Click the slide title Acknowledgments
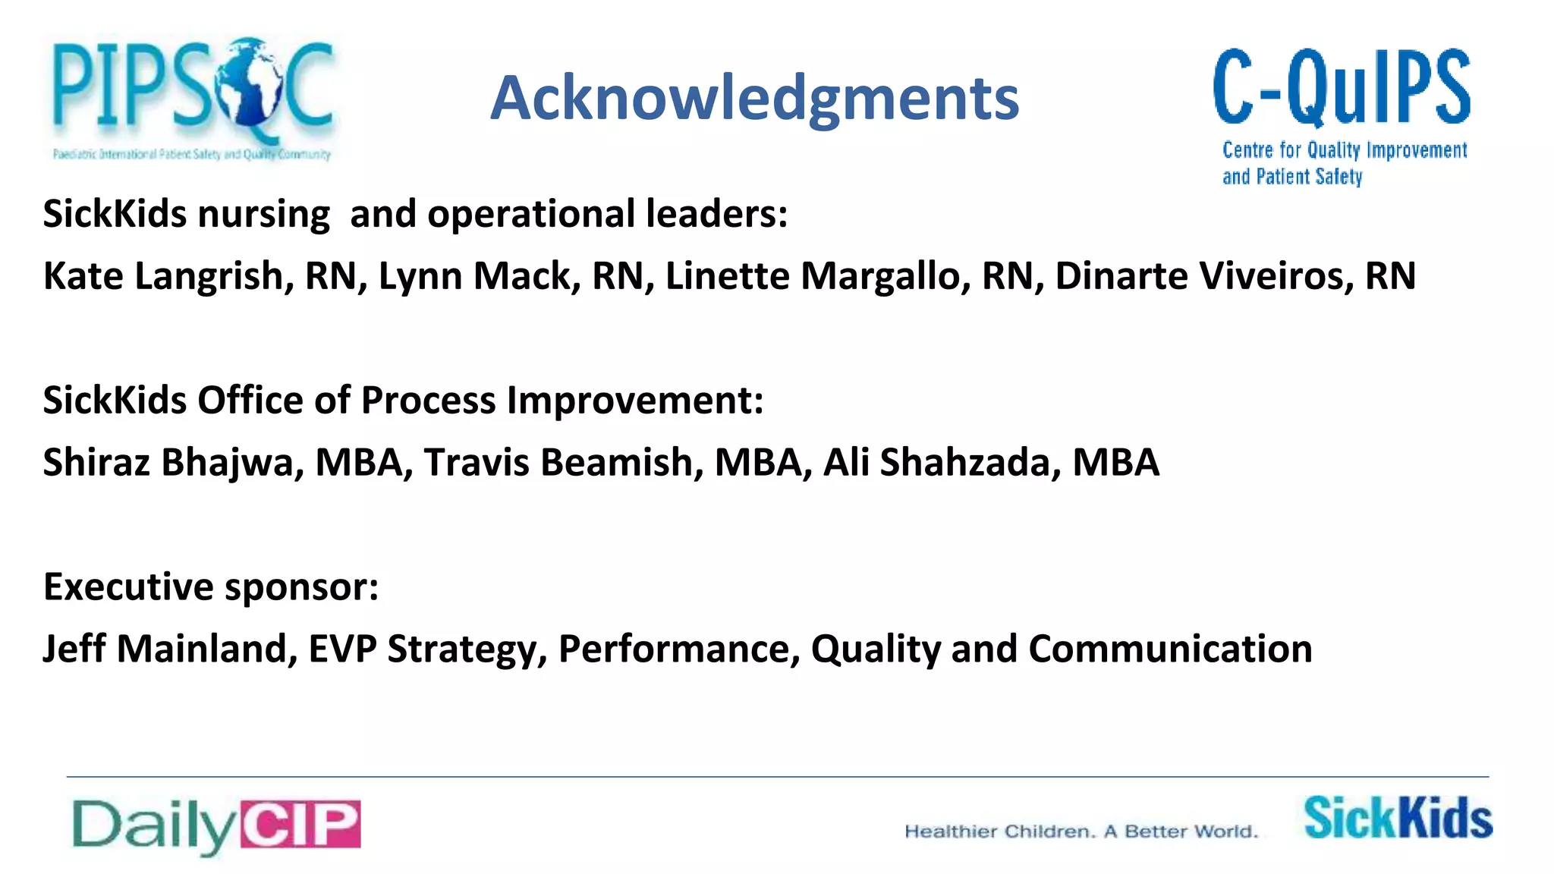[x=754, y=99]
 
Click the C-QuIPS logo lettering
[x=1342, y=87]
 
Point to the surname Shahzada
[x=964, y=463]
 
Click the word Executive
[x=128, y=587]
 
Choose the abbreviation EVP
[x=342, y=649]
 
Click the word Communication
[x=1170, y=649]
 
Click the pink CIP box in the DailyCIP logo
[x=300, y=824]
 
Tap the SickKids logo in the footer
[x=1398, y=818]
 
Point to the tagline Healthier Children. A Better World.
[x=1081, y=832]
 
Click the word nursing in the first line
[x=264, y=215]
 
